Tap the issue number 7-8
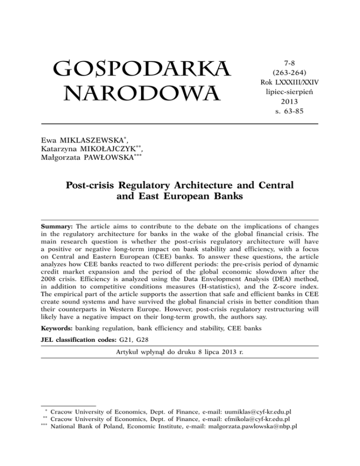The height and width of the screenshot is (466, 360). [x=283, y=62]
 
